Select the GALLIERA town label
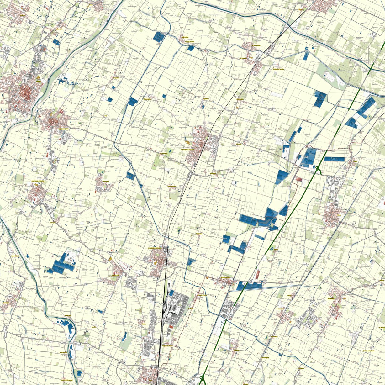185,37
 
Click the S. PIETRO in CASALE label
187,150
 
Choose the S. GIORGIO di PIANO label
155,249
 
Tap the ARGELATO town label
115,275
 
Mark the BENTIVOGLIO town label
225,277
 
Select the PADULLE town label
6,303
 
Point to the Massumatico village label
147,99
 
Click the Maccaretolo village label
240,99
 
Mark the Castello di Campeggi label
67,380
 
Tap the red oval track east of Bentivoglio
258,275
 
